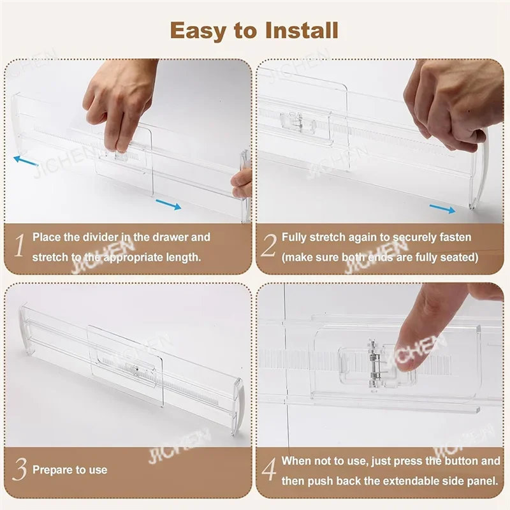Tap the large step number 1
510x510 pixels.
click(20, 246)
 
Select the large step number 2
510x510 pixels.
click(269, 246)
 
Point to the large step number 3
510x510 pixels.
click(20, 470)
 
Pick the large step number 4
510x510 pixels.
click(269, 470)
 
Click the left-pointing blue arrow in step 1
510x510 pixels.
click(26, 160)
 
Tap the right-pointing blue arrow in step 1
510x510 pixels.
click(168, 204)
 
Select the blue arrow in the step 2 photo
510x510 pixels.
click(442, 208)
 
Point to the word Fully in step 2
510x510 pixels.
click(295, 237)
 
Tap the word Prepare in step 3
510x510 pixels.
click(51, 470)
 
